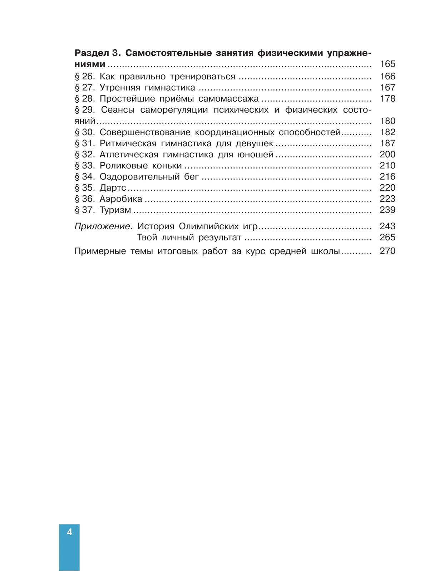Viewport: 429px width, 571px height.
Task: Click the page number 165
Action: coord(388,64)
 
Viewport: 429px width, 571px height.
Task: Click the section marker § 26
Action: coord(85,77)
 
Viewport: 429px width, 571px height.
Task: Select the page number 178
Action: coord(388,99)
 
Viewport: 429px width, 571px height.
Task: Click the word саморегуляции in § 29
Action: coord(174,110)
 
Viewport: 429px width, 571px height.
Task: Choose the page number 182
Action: coord(388,132)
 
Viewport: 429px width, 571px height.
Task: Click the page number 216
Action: coord(388,177)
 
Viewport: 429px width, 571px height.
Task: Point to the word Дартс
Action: coord(113,188)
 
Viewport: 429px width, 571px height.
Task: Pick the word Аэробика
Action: coord(121,199)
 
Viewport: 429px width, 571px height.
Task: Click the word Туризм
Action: coord(115,210)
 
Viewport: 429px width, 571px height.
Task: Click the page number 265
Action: coord(388,238)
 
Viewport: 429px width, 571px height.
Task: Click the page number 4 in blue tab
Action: coord(69,532)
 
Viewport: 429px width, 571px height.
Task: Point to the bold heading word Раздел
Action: coord(92,53)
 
